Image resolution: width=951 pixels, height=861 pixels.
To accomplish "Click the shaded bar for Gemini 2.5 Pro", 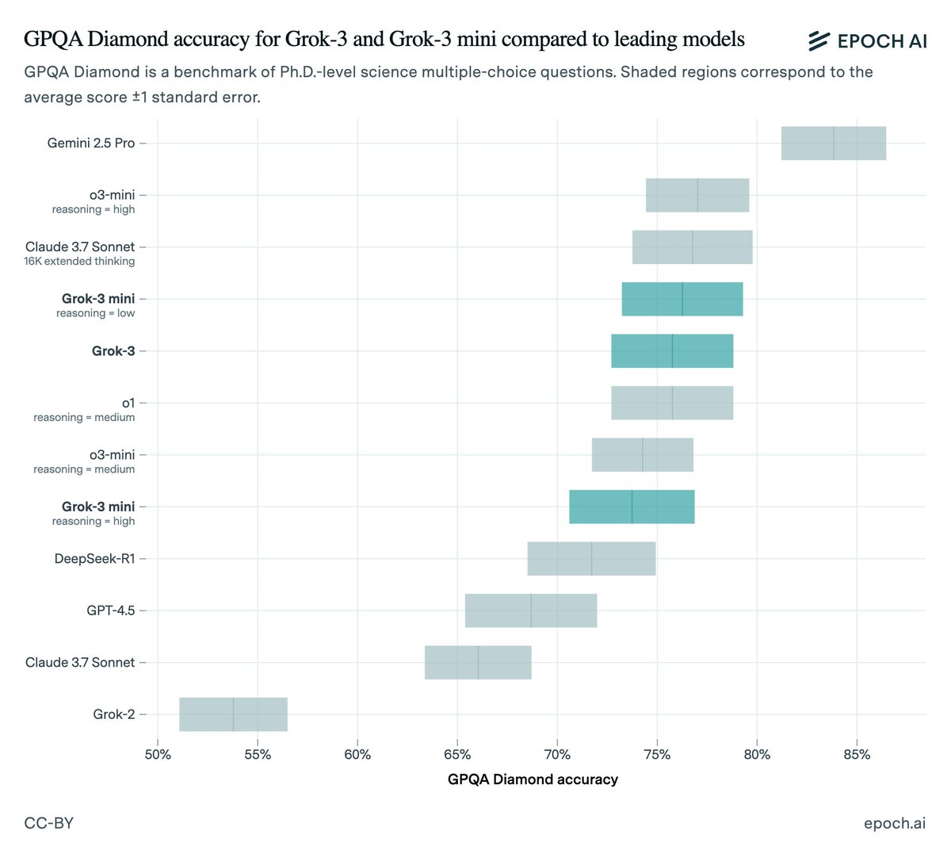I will pos(833,143).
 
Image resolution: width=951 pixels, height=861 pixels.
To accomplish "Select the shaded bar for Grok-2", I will pos(233,714).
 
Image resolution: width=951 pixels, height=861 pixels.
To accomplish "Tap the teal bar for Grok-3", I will pos(672,351).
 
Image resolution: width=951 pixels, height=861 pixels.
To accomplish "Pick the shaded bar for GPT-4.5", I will pos(531,610).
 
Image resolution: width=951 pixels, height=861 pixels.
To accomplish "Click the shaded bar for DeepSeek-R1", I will pos(591,559).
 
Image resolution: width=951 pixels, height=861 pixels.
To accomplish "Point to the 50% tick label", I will pos(158,755).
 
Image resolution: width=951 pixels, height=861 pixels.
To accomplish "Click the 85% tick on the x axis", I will pos(857,755).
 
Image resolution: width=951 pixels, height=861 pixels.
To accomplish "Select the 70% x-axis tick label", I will pos(557,755).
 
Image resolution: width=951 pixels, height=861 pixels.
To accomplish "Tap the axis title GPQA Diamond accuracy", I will pos(533,779).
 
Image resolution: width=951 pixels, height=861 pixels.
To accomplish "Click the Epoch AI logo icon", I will pos(819,41).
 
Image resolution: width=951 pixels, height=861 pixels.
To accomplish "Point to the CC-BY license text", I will pos(49,823).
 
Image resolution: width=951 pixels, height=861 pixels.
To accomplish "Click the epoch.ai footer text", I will pos(894,823).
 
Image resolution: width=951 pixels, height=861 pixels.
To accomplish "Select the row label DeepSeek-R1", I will pos(94,559).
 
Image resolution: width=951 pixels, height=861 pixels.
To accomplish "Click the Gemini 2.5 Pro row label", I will pos(91,143).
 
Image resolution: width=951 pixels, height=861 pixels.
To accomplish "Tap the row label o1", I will pos(128,403).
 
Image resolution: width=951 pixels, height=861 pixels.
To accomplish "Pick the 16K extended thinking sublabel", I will pos(79,262).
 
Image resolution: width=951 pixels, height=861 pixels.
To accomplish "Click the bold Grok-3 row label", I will pos(113,351).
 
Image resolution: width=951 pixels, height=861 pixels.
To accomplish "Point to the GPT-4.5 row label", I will pos(111,610).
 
